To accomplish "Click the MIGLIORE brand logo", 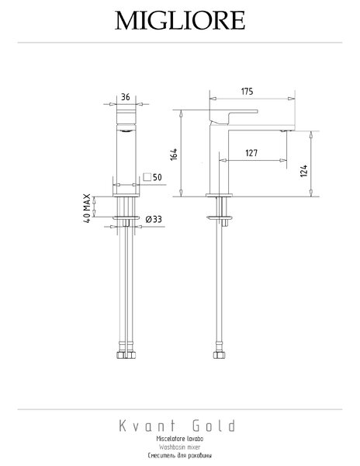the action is (x=180, y=20).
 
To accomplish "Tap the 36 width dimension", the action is (x=126, y=97).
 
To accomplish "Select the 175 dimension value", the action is (x=247, y=91).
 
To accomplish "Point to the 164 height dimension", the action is (x=174, y=155).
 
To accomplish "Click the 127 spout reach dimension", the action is (x=251, y=153).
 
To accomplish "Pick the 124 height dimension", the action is (x=303, y=171).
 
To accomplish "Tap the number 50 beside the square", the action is (x=157, y=177).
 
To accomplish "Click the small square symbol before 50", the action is (x=147, y=177).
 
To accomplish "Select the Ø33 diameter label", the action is (x=154, y=219).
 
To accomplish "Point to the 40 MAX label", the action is (x=87, y=208).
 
